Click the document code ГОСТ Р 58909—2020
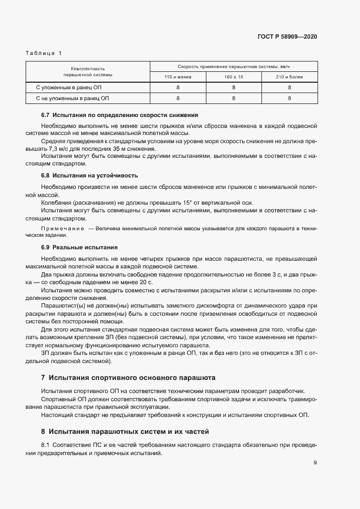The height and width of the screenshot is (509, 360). (x=288, y=36)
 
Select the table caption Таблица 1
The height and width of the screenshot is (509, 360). (x=44, y=53)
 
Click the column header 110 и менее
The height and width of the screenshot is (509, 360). (x=178, y=77)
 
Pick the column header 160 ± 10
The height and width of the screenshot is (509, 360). (x=234, y=77)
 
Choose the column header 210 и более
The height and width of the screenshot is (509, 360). (x=289, y=77)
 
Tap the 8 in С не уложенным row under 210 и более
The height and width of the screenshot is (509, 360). (x=289, y=98)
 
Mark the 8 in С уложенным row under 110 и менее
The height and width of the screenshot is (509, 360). (x=178, y=87)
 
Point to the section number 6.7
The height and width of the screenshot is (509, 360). (x=46, y=115)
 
